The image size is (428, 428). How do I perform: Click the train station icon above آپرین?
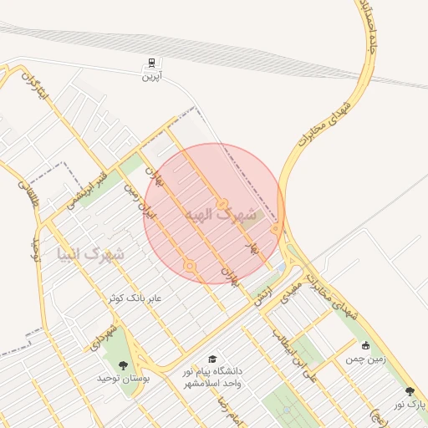(151, 63)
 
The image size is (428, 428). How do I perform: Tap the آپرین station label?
(150, 76)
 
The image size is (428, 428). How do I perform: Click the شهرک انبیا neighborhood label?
(90, 252)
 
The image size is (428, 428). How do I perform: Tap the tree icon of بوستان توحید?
(124, 364)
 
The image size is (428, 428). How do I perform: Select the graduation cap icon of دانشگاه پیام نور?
(211, 358)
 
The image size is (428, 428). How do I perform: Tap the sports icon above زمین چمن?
(365, 345)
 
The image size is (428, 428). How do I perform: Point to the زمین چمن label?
(365, 359)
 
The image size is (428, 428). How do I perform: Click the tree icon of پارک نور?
(410, 390)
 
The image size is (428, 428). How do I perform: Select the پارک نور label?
(410, 404)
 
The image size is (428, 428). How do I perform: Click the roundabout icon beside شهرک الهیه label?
(222, 203)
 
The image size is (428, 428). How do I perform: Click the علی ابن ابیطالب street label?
(295, 352)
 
